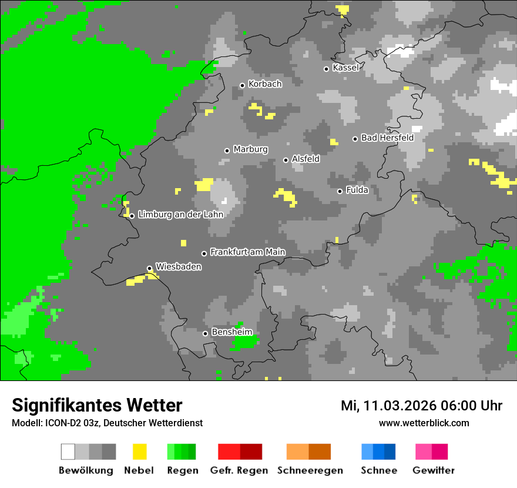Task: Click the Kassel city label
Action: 345,68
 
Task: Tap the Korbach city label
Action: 265,84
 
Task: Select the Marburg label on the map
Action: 250,149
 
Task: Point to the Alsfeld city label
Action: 305,159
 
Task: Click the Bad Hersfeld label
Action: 387,138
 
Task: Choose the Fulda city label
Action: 357,190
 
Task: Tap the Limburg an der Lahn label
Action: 180,215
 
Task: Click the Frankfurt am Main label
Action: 247,252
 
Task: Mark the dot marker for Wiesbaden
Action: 149,268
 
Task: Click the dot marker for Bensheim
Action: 205,333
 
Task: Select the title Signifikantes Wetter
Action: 97,405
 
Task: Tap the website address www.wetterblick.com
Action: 424,423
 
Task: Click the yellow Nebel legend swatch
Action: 139,452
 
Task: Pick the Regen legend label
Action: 182,470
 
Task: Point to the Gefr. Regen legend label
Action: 239,470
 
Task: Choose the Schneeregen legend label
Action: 310,470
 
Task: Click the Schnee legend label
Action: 379,470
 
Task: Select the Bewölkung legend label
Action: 86,470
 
